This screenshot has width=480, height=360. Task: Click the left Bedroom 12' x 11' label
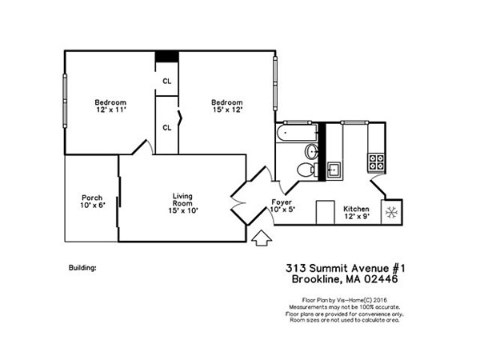pyautogui.click(x=110, y=106)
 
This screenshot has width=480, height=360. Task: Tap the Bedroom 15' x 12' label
pyautogui.click(x=226, y=106)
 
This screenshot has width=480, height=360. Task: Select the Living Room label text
pyautogui.click(x=185, y=202)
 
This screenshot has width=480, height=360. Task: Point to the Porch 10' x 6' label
pyautogui.click(x=91, y=202)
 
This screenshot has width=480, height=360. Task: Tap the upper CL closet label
pyautogui.click(x=166, y=82)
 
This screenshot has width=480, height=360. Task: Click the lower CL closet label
pyautogui.click(x=166, y=127)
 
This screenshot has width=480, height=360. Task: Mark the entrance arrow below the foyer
pyautogui.click(x=261, y=238)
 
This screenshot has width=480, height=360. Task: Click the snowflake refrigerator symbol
pyautogui.click(x=392, y=212)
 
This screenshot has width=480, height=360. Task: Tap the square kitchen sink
pyautogui.click(x=334, y=168)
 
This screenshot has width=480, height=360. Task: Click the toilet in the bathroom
pyautogui.click(x=305, y=170)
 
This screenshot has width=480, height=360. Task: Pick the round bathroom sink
pyautogui.click(x=311, y=151)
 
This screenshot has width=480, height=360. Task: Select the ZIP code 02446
pyautogui.click(x=380, y=279)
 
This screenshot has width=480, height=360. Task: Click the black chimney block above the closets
pyautogui.click(x=166, y=56)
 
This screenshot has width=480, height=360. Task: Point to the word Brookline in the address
pyautogui.click(x=312, y=279)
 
